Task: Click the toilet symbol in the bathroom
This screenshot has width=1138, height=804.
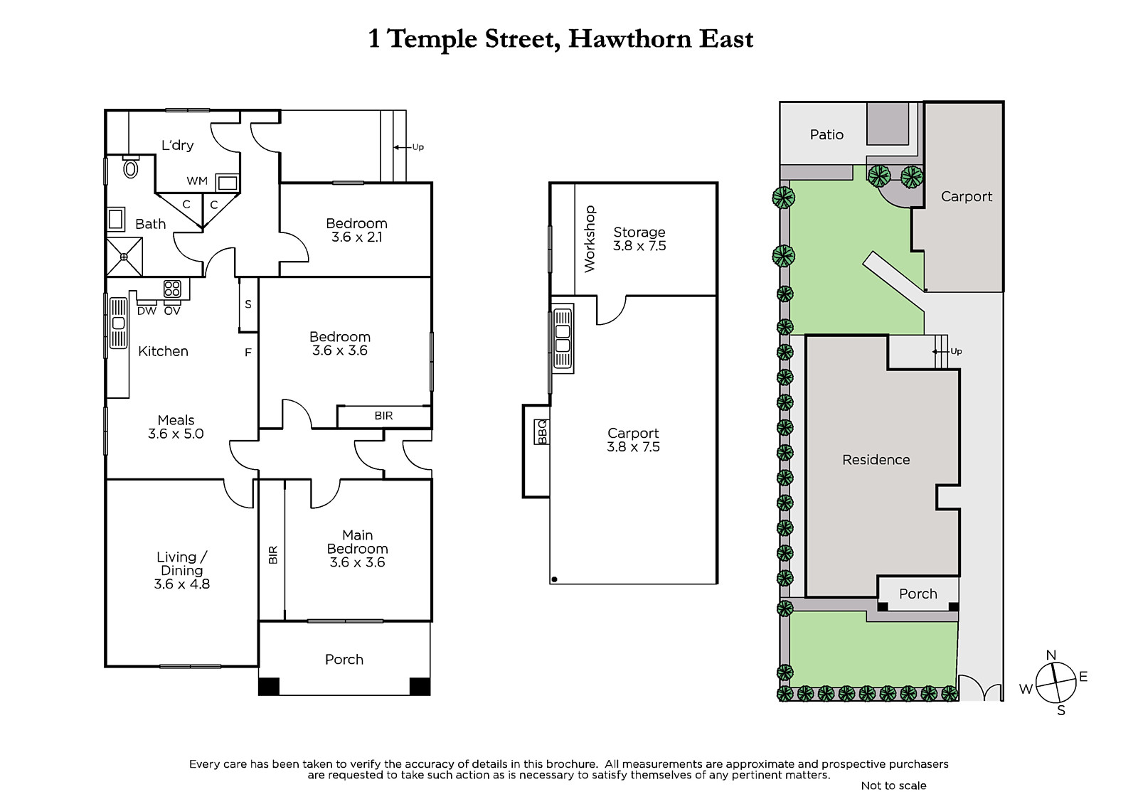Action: coord(131,167)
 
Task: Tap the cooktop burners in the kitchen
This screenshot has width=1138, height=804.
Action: coord(172,289)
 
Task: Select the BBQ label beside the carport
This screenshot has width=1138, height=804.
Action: coord(542,432)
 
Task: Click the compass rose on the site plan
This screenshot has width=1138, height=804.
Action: coord(1055,682)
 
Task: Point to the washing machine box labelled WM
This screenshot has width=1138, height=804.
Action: coord(227,182)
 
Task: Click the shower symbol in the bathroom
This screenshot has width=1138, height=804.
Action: coord(124,257)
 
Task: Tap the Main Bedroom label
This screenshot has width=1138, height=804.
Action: coord(357,542)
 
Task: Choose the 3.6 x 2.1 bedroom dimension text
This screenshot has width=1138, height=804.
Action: coord(356,237)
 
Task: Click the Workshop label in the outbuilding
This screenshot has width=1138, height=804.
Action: coord(590,239)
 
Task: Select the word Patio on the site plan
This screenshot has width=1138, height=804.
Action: coord(826,134)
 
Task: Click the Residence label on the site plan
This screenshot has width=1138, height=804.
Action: coord(876,460)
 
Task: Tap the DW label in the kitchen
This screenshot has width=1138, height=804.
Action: coord(147,311)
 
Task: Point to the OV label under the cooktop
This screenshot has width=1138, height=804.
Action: coord(172,311)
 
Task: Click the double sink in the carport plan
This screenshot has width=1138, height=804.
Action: coord(563,339)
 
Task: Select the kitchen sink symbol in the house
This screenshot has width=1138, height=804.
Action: coord(118,323)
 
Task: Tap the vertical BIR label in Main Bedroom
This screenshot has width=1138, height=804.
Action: coord(273,554)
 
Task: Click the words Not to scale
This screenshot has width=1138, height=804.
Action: coord(893,786)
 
